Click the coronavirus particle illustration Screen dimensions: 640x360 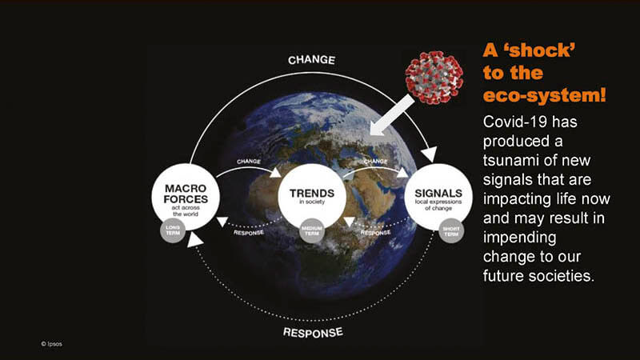tap(434, 78)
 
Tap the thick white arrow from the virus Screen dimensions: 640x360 tap(392, 115)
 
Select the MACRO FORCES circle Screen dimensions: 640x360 tap(186, 198)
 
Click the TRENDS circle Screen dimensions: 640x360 tap(312, 197)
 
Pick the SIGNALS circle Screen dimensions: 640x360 tap(438, 197)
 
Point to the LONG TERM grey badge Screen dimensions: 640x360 tap(173, 230)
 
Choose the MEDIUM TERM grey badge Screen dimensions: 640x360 tap(312, 230)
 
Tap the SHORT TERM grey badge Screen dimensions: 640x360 tap(451, 231)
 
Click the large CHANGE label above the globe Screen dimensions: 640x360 tap(311, 60)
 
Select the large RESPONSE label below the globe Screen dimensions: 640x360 tap(313, 333)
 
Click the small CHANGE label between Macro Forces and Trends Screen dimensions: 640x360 tap(249, 162)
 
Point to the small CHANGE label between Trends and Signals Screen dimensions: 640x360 tap(375, 162)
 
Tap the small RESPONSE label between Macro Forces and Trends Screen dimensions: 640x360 tap(249, 233)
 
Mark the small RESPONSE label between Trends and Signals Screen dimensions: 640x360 tap(375, 233)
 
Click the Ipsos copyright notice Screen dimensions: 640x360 tap(51, 344)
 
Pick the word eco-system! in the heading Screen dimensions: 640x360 tap(544, 95)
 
